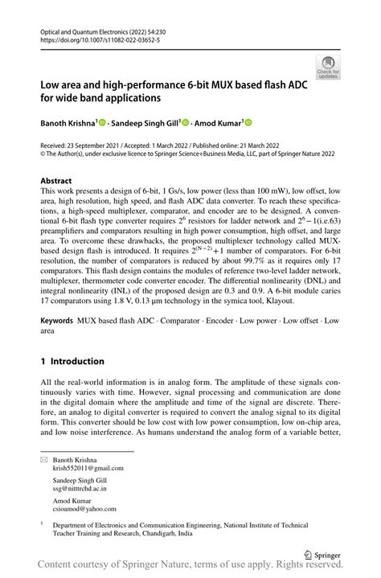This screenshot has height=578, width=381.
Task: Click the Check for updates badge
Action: [328, 67]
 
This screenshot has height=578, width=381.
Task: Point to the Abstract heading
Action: [56, 182]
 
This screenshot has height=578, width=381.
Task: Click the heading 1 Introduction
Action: [72, 361]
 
